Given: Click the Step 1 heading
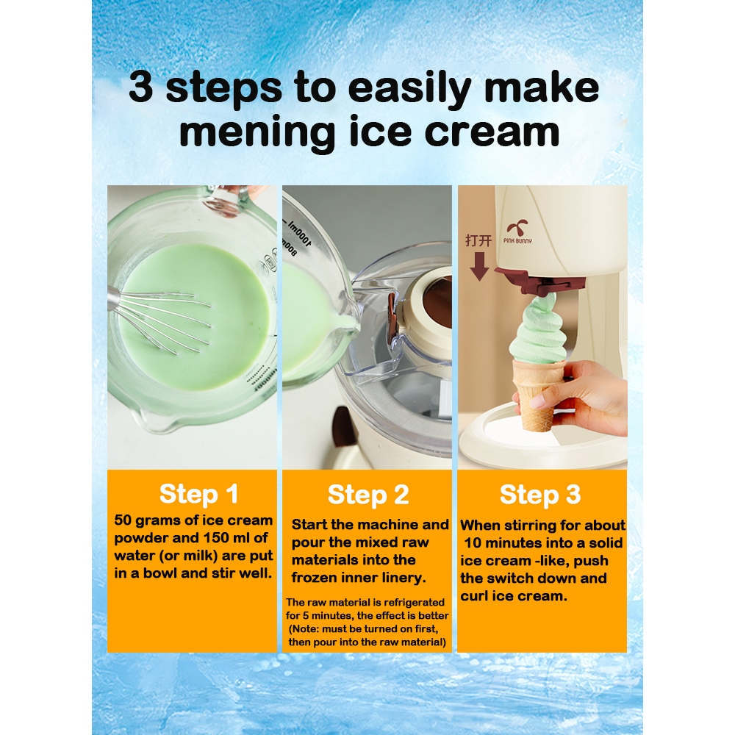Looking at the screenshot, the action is tap(198, 494).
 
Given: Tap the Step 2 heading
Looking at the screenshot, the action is tap(368, 495).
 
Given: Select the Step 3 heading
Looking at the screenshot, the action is tap(540, 495).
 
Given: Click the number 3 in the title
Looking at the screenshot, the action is tap(140, 87).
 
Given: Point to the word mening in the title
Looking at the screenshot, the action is tap(257, 132).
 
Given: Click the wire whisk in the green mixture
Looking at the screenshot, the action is tap(159, 319).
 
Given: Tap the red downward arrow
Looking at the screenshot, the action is tap(479, 266).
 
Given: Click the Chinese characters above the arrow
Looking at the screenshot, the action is tap(478, 240).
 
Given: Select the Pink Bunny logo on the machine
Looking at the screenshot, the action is tap(518, 232).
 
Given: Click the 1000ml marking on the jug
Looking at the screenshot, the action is tap(300, 233).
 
